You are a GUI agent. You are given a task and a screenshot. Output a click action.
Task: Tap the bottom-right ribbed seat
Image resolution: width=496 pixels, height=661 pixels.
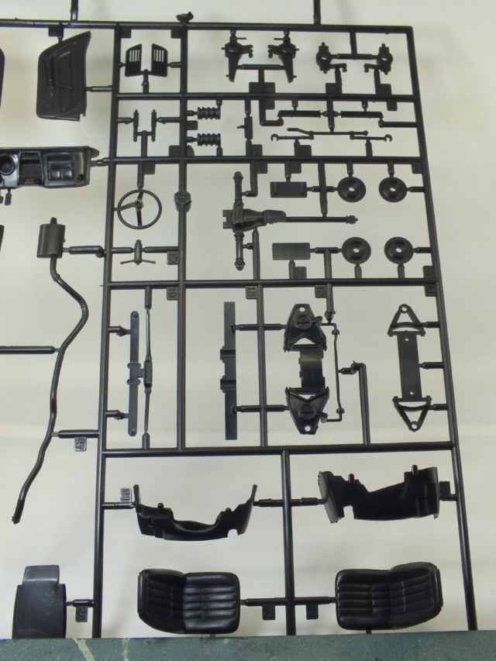(x=387, y=595)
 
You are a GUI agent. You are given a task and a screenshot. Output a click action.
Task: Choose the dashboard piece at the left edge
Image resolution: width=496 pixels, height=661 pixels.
(x=50, y=167)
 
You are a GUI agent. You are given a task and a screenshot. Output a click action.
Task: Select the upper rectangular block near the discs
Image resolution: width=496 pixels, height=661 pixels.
(x=288, y=188)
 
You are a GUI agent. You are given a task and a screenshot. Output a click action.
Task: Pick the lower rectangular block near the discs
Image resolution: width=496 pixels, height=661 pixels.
(x=291, y=250)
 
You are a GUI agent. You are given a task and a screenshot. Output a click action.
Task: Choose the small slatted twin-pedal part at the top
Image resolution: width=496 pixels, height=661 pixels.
(x=146, y=59)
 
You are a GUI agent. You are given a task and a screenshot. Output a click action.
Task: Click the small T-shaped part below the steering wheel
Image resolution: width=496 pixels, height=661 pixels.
(x=139, y=252)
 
